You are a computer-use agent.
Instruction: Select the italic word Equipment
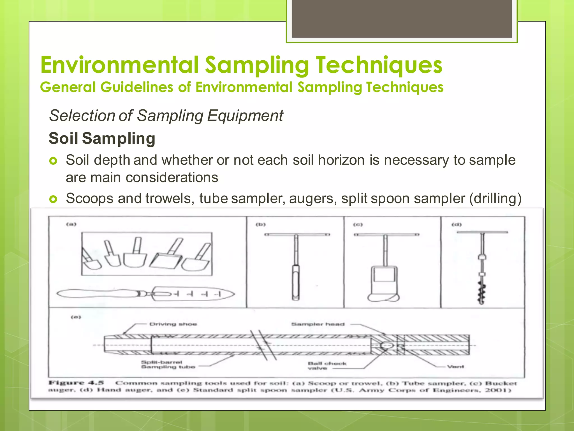245,116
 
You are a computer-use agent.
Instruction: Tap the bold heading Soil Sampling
102,138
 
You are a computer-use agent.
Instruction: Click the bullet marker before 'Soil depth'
53,161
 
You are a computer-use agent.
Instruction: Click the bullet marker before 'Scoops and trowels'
53,199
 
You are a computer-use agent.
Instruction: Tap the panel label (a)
71,224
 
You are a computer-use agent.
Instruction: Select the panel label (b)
261,224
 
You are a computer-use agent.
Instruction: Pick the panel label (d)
457,224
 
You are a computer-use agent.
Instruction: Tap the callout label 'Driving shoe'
173,324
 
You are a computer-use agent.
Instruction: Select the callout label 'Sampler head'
318,324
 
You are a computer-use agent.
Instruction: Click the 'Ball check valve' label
327,366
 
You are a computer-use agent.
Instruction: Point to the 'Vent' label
455,366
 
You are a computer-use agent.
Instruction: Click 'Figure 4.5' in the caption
76,383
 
